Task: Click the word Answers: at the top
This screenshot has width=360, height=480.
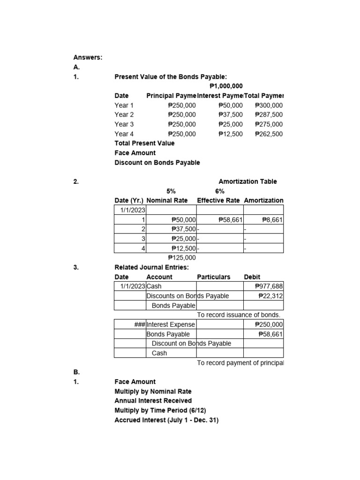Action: [88, 57]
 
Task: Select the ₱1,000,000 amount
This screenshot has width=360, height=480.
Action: [226, 86]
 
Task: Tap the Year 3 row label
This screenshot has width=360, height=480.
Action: [124, 124]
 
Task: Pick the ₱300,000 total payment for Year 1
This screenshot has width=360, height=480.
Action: [269, 105]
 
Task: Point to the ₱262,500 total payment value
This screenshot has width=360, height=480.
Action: [269, 134]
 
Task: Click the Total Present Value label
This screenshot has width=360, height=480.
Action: [144, 143]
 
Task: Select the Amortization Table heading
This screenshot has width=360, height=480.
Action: [247, 181]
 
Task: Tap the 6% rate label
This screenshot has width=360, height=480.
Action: [219, 191]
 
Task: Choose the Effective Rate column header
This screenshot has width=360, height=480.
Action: [218, 200]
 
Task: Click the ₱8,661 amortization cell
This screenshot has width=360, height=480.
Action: [272, 219]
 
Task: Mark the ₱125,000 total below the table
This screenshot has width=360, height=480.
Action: [182, 257]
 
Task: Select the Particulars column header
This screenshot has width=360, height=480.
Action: [214, 277]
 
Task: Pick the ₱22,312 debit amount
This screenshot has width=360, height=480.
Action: [271, 296]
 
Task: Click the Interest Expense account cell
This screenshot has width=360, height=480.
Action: [171, 324]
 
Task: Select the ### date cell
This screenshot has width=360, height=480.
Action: [140, 324]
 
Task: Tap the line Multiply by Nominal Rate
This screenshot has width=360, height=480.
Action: [153, 391]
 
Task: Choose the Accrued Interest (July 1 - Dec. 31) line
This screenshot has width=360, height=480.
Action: [166, 420]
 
